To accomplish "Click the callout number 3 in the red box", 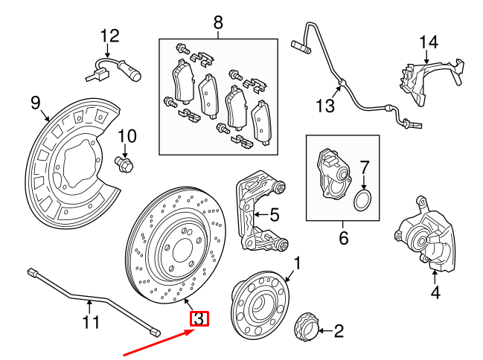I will (x=199, y=320).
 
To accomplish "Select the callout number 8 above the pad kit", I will (x=218, y=23).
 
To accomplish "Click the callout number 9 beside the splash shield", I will (x=35, y=102).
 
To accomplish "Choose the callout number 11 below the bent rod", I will (x=90, y=323).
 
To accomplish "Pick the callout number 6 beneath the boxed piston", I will (x=343, y=238).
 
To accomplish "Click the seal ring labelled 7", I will (x=362, y=199).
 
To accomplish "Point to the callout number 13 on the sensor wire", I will (x=325, y=106).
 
